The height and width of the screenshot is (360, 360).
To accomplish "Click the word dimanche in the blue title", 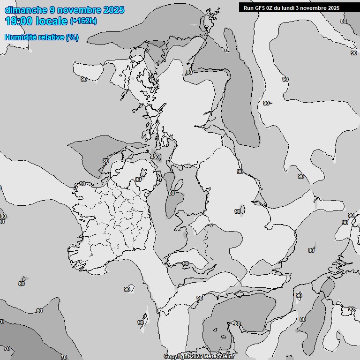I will pos(25,10).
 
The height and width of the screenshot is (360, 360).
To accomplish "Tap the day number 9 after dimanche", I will pos(53,10).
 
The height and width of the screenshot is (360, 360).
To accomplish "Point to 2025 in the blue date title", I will pos(113,10).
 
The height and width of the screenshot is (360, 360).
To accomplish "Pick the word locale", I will pos(51,21).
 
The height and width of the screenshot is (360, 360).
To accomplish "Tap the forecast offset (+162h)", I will pos(83,21).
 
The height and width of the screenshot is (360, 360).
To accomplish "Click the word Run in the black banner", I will pos(248,8).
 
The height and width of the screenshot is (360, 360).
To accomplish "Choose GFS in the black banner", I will pos(260,8).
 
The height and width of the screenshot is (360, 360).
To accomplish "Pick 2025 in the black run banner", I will pos(333,8).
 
